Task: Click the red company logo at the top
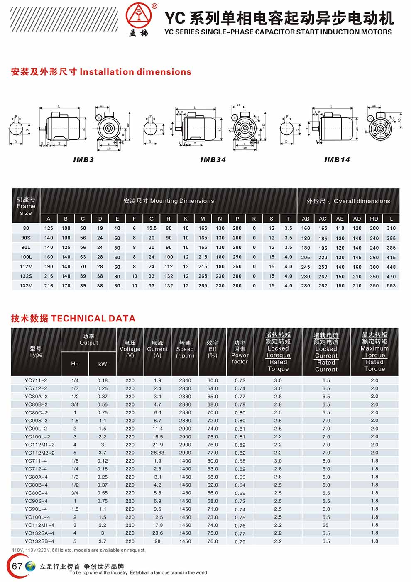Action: (139, 15)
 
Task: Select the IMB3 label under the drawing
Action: (83, 160)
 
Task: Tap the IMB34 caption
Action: (213, 160)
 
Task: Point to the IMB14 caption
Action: (337, 160)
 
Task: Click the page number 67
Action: (17, 566)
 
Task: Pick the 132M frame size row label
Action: (26, 286)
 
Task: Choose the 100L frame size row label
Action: (26, 257)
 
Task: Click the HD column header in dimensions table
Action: (374, 219)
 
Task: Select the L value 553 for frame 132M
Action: (391, 286)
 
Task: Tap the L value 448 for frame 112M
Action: (391, 267)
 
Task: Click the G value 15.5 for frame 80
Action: (152, 228)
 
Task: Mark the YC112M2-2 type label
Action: (39, 453)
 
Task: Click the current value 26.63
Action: (157, 453)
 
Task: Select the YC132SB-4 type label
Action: (39, 541)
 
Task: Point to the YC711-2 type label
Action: (36, 380)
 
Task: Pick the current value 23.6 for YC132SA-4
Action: (157, 533)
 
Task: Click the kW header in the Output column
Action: (103, 364)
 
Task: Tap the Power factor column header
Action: (240, 352)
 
